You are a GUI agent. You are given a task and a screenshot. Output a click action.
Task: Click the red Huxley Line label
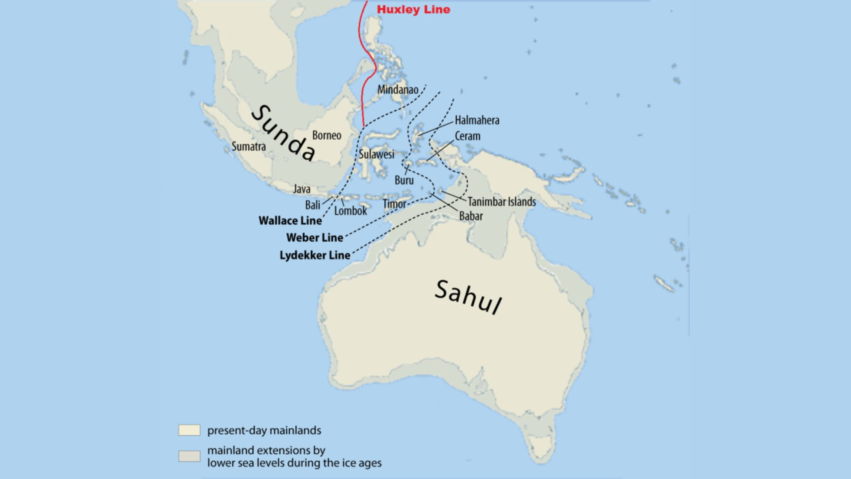point(413,10)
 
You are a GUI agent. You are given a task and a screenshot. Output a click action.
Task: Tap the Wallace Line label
point(290,220)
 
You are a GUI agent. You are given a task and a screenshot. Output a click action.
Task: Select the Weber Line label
point(315,238)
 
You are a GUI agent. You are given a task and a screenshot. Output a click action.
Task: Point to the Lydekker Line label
point(315,255)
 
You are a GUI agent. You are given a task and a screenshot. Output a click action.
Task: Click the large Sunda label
point(284,133)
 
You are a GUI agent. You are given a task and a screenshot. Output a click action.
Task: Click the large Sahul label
point(468,297)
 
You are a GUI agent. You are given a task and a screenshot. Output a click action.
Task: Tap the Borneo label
point(327,135)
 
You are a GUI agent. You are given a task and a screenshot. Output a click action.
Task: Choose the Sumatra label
point(249,146)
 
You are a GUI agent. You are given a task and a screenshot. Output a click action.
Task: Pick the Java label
point(302,189)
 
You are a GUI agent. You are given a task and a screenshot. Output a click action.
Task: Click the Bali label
point(312,205)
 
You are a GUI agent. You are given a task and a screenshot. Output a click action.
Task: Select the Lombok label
point(351,211)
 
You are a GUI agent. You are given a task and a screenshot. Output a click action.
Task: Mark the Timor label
point(394,204)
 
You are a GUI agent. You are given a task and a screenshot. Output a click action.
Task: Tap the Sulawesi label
point(376,154)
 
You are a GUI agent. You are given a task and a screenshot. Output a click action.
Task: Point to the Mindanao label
point(398,90)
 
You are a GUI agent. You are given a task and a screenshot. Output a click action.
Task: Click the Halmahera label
point(477,120)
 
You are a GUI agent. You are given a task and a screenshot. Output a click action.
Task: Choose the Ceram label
point(468,136)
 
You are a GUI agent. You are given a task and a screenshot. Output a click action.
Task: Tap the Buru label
point(404,180)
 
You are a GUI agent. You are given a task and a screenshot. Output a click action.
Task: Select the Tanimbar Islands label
point(502,202)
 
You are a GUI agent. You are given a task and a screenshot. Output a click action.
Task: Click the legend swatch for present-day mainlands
point(189,430)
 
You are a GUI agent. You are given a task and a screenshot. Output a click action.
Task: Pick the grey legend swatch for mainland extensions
point(189,456)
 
